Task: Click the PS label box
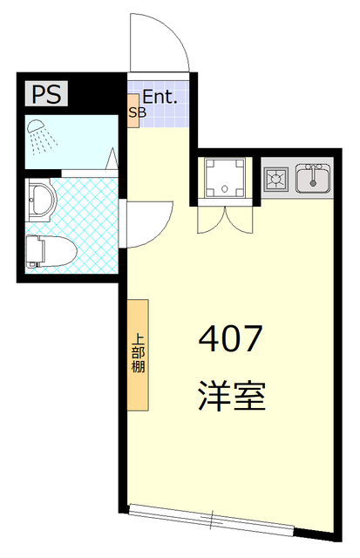tap(48, 93)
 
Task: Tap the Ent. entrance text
tap(160, 97)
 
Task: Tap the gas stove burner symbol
tap(277, 179)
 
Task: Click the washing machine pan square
tap(226, 179)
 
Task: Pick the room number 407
tap(230, 337)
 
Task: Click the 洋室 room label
tap(230, 397)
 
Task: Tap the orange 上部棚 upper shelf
tap(139, 354)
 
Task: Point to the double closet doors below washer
tap(226, 221)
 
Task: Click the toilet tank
tap(33, 250)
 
